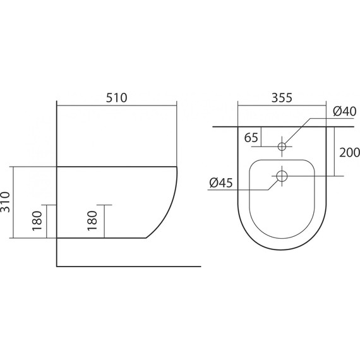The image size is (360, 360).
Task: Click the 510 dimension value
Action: (x=116, y=98)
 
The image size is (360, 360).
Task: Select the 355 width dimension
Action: (x=282, y=98)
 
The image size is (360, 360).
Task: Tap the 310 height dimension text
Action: (x=6, y=202)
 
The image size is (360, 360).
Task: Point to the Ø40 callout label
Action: (x=345, y=112)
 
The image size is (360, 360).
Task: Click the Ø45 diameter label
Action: (x=221, y=183)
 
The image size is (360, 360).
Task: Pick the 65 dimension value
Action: (x=251, y=138)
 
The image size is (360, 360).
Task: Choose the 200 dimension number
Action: (x=349, y=153)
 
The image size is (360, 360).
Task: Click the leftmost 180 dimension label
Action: (x=37, y=221)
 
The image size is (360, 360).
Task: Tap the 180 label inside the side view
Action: (x=92, y=220)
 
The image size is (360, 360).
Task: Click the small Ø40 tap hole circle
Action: (x=282, y=147)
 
